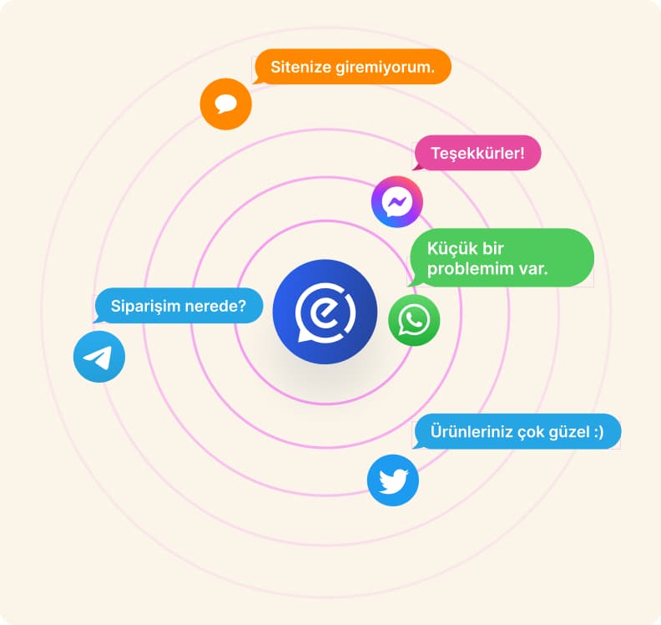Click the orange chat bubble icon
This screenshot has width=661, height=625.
225,104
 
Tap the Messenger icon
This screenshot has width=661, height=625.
396,201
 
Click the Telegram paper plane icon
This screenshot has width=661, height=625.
98,357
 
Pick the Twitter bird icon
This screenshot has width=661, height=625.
393,481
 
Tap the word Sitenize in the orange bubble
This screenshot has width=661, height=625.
299,67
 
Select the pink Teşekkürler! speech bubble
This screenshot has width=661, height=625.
477,154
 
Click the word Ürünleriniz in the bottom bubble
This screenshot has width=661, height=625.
472,433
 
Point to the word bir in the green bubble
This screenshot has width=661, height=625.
495,249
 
